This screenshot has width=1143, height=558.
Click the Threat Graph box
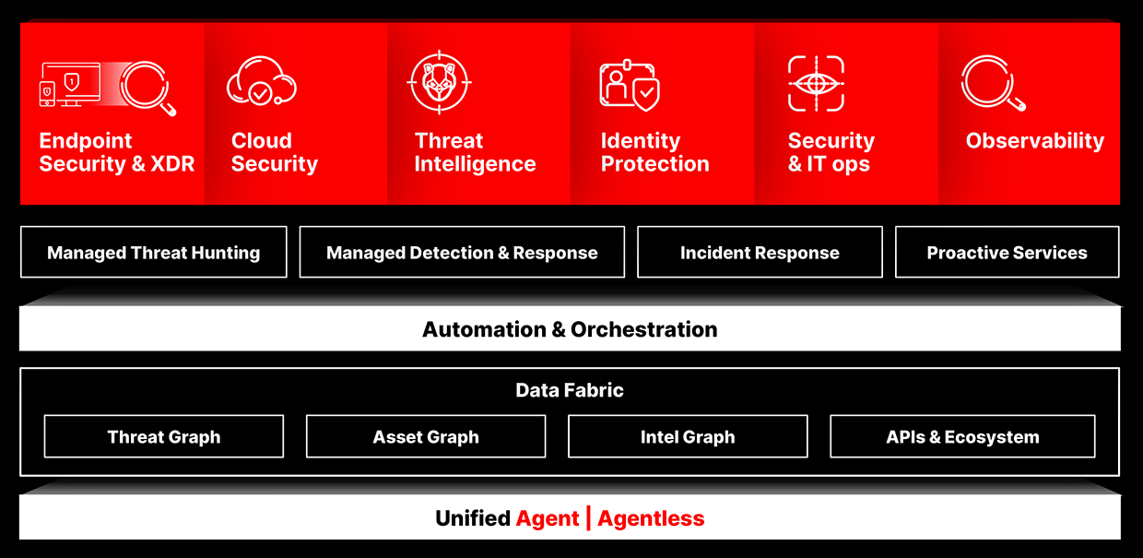pyautogui.click(x=164, y=436)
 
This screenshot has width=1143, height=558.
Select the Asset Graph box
pyautogui.click(x=426, y=436)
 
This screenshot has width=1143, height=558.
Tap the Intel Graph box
pyautogui.click(x=688, y=436)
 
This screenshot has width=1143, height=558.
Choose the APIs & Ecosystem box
pyautogui.click(x=962, y=436)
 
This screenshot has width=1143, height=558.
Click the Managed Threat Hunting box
pyautogui.click(x=154, y=252)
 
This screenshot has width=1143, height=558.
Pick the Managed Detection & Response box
pyautogui.click(x=462, y=252)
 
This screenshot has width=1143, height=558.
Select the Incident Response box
pyautogui.click(x=760, y=252)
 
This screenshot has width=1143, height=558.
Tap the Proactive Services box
pyautogui.click(x=1007, y=252)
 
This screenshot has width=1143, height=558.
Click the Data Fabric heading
pyautogui.click(x=570, y=390)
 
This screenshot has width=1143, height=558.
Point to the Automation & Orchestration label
pyautogui.click(x=570, y=329)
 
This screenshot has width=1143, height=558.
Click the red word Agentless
pyautogui.click(x=651, y=518)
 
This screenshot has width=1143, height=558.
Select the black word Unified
pyautogui.click(x=473, y=518)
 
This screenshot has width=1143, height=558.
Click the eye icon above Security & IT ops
pyautogui.click(x=816, y=83)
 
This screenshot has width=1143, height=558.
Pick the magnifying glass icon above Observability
pyautogui.click(x=993, y=83)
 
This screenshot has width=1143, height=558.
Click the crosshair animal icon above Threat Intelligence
pyautogui.click(x=440, y=82)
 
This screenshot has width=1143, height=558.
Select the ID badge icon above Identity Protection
pyautogui.click(x=630, y=85)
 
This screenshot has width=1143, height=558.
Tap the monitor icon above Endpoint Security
pyautogui.click(x=70, y=85)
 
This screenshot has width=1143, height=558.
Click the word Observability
pyautogui.click(x=1035, y=140)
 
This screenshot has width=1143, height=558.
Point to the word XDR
pyautogui.click(x=172, y=164)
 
